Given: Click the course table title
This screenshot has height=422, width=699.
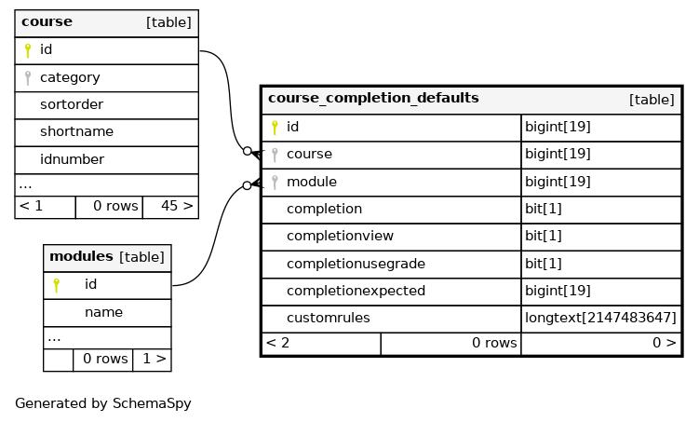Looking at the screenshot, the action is tap(47, 21).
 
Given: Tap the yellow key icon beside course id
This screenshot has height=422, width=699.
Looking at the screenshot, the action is tap(28, 50).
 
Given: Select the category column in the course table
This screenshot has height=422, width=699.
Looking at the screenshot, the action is tap(70, 77).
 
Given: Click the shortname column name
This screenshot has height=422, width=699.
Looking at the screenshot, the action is tap(76, 131).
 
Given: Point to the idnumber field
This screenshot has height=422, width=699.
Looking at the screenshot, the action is tap(73, 159).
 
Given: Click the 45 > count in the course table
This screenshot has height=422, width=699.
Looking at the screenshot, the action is tap(177, 206).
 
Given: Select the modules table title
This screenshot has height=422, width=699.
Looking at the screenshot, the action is tap(81, 256).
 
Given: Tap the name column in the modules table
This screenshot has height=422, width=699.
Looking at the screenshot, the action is tap(103, 312).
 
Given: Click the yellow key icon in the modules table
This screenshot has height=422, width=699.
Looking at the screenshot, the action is tap(56, 285).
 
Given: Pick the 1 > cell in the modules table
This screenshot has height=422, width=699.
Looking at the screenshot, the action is tap(155, 359).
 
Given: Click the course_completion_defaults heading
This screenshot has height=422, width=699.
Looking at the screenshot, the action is tap(373, 98).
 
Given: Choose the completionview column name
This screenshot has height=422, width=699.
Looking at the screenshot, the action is tap(340, 236).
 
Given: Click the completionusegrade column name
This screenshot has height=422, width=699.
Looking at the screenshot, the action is tap(356, 264).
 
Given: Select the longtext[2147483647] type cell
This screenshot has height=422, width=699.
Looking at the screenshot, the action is tap(601, 318).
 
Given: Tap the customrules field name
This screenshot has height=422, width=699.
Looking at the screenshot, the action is tap(329, 318).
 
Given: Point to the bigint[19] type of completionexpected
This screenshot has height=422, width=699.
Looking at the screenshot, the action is tap(558, 291).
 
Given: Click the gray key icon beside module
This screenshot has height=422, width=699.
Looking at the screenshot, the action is tap(275, 182).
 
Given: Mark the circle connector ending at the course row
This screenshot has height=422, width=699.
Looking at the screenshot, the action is tap(248, 151).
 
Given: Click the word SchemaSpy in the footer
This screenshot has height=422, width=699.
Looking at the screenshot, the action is tap(152, 403).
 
